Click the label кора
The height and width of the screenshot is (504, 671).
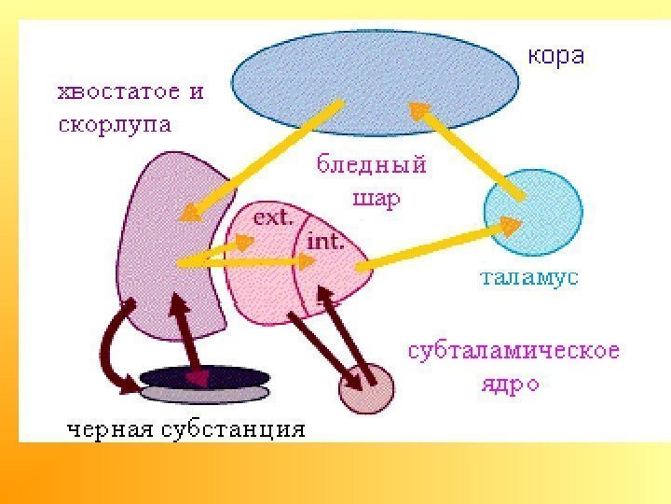(556, 56)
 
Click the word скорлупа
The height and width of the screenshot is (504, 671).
(115, 125)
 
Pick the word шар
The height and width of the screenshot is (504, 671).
(375, 199)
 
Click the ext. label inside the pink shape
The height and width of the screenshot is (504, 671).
(274, 220)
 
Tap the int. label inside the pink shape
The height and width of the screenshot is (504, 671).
(326, 242)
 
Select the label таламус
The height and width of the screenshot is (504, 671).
(528, 277)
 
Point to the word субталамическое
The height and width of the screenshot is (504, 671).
(514, 352)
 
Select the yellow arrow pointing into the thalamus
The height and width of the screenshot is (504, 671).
(438, 245)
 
